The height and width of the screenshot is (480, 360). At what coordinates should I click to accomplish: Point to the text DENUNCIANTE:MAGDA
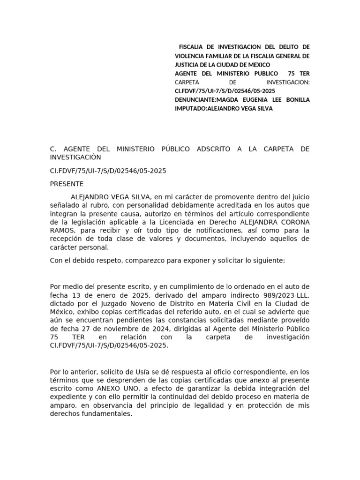pos(203,100)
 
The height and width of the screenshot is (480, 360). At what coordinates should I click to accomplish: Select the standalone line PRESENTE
pos(67,184)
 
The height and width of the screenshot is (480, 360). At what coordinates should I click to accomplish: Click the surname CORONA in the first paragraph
pos(291,222)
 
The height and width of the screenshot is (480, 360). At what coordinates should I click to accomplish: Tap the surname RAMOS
pos(62,231)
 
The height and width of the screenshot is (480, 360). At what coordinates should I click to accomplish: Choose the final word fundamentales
pos(106,414)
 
